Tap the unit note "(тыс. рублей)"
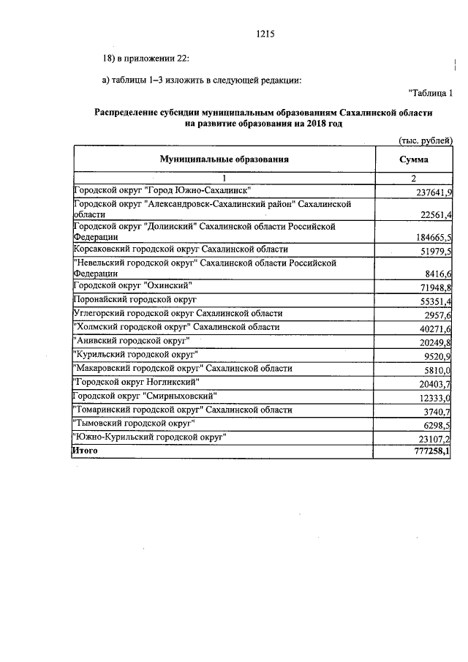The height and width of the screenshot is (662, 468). coord(426,140)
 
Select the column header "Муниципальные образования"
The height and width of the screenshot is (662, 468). coord(224,159)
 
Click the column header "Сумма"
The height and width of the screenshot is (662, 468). coord(414,159)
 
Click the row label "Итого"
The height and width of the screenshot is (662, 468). coord(85,451)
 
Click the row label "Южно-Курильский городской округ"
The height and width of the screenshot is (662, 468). coord(151,437)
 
